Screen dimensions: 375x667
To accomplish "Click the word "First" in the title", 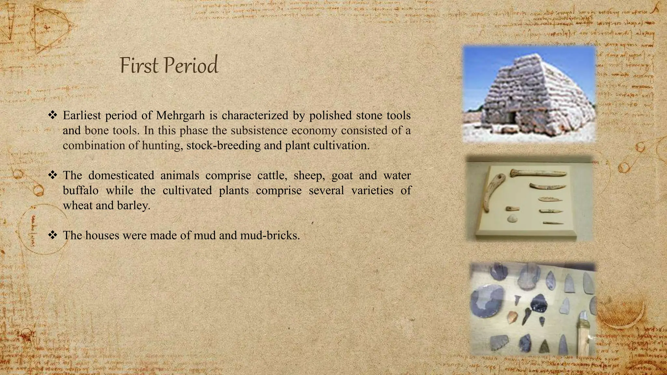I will [x=140, y=65].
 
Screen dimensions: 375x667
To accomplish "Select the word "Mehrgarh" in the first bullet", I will [x=180, y=116].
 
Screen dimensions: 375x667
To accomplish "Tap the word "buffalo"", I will [x=80, y=190].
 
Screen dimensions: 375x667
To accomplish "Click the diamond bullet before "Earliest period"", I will [x=52, y=115].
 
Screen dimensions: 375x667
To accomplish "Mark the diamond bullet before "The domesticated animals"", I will [x=52, y=175].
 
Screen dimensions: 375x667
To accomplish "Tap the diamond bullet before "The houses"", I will [x=52, y=235].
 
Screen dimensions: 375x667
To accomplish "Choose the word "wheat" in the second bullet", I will [x=78, y=206].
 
